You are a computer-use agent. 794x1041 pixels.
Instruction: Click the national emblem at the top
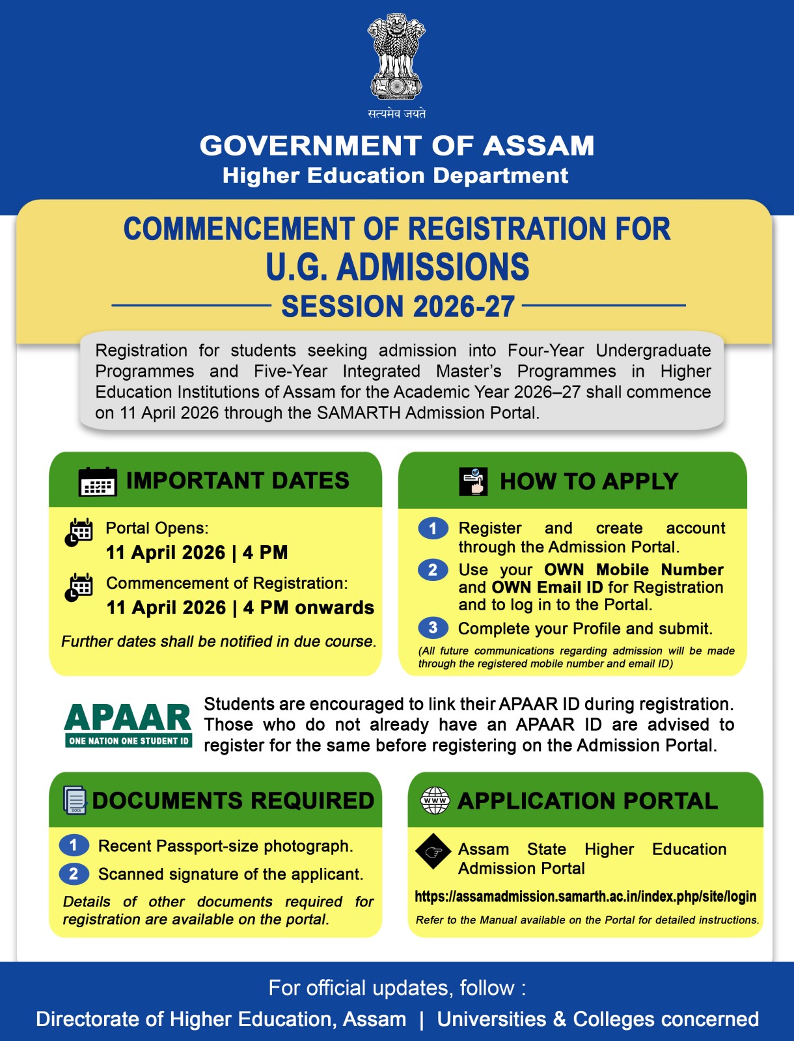tap(396, 57)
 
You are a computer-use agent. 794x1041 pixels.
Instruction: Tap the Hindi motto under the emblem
tap(396, 113)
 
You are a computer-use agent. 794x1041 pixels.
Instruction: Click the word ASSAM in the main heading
tap(538, 146)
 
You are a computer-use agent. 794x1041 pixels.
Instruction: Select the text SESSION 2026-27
tap(398, 306)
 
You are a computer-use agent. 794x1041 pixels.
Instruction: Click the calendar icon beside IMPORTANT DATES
tap(98, 481)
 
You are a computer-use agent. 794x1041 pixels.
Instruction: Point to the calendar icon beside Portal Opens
tap(79, 533)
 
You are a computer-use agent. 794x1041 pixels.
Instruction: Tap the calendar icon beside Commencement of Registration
tap(79, 588)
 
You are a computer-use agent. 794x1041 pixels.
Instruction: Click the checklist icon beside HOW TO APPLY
tap(473, 481)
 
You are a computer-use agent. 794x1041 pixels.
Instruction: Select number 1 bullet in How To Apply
tap(433, 528)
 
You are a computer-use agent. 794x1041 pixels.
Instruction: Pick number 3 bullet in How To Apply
tap(433, 628)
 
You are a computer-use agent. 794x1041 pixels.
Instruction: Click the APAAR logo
tap(128, 724)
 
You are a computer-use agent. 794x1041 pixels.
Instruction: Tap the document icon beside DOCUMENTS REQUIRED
tap(75, 800)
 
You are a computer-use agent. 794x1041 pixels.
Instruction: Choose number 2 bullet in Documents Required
tap(74, 873)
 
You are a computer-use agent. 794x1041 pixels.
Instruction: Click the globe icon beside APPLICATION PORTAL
tap(435, 800)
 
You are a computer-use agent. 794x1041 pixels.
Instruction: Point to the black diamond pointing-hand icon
tap(433, 851)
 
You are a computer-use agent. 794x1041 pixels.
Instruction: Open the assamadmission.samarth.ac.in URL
tap(585, 897)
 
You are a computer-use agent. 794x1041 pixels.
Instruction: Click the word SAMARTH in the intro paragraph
tap(359, 413)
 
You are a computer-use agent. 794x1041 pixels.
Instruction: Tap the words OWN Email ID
tap(547, 588)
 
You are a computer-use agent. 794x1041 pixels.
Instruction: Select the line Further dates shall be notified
tap(219, 642)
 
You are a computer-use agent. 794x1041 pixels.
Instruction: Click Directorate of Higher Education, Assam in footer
tap(221, 1019)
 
